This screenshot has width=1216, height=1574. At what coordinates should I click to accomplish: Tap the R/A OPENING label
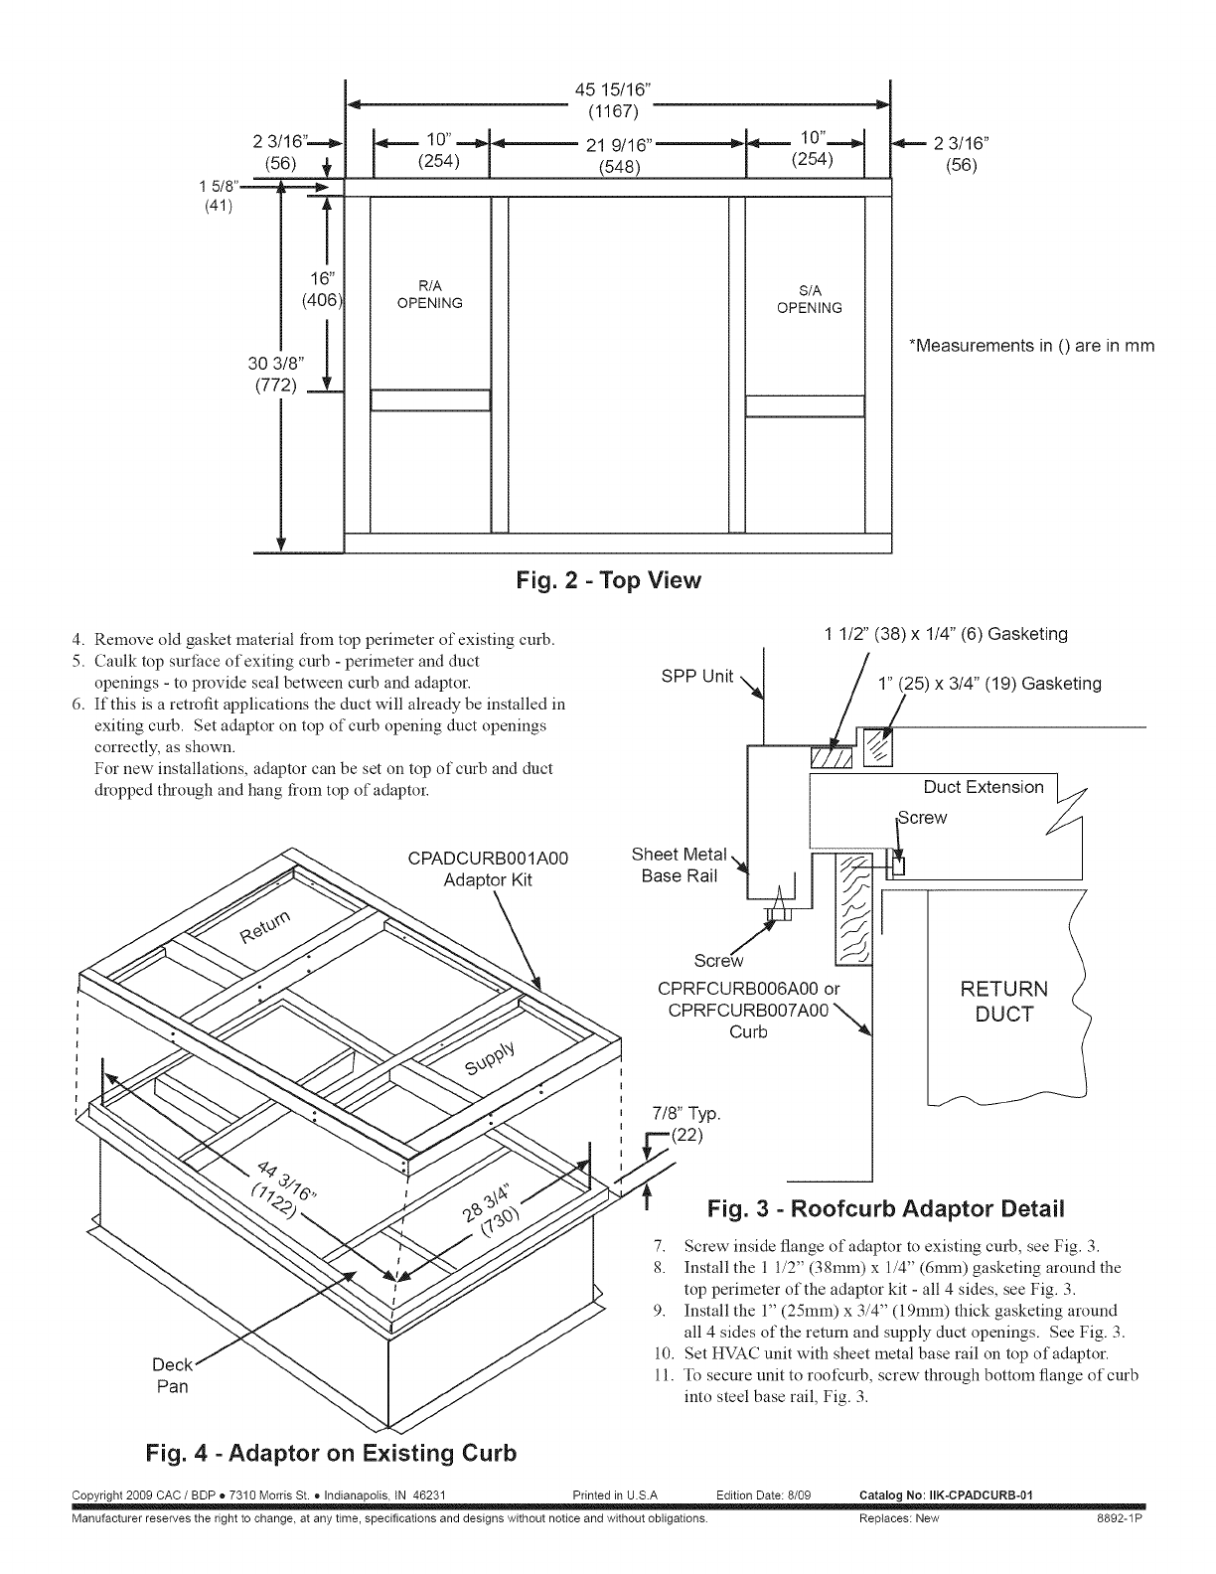coord(429,296)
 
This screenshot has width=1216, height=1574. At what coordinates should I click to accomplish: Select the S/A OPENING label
coord(809,300)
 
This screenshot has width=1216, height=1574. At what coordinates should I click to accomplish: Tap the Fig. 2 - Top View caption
coord(608,580)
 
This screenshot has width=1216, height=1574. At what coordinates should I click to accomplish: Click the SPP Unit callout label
coord(697,677)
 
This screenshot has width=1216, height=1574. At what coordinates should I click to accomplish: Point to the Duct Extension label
coord(984,787)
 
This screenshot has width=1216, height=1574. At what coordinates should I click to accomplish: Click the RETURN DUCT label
coord(1003,1002)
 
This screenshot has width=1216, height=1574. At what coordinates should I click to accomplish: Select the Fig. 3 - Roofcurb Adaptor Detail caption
coord(885,1209)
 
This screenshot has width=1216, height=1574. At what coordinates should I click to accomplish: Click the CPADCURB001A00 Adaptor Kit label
coord(488,868)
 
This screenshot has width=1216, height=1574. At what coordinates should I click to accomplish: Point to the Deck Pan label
coord(173,1375)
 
